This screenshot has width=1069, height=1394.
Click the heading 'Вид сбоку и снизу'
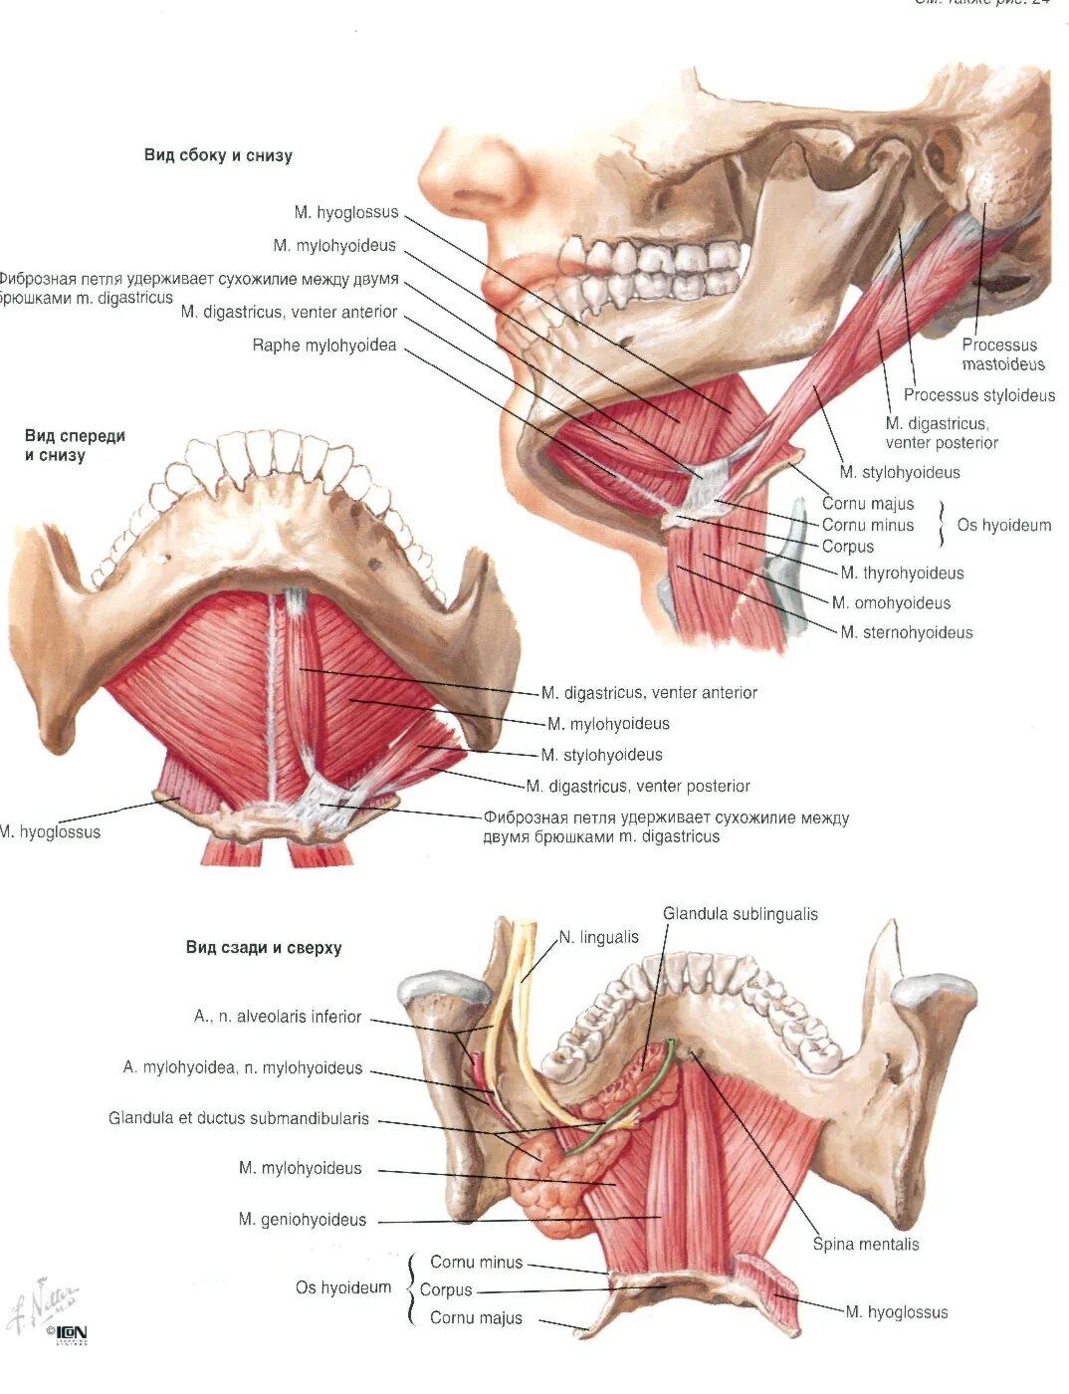pyautogui.click(x=218, y=155)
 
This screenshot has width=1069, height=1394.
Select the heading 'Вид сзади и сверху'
pyautogui.click(x=264, y=948)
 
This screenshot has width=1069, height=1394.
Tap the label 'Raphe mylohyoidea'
pyautogui.click(x=324, y=346)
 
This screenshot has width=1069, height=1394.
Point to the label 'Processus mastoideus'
pyautogui.click(x=1002, y=354)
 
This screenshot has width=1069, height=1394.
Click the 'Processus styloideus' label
pyautogui.click(x=978, y=395)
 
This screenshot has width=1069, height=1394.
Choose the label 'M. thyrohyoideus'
pyautogui.click(x=902, y=573)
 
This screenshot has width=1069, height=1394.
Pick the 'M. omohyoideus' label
pyautogui.click(x=891, y=602)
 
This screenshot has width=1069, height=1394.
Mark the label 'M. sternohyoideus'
pyautogui.click(x=906, y=632)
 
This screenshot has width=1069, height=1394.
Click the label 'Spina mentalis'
pyautogui.click(x=865, y=1244)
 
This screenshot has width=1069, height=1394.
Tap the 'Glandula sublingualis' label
pyautogui.click(x=741, y=914)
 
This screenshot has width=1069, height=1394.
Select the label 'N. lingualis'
pyautogui.click(x=598, y=937)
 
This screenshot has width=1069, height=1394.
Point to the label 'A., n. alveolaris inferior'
pyautogui.click(x=278, y=1017)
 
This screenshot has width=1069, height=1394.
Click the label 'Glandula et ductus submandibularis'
pyautogui.click(x=239, y=1118)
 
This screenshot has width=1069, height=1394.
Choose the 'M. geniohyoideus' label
pyautogui.click(x=303, y=1220)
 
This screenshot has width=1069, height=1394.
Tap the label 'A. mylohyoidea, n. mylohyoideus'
pyautogui.click(x=243, y=1067)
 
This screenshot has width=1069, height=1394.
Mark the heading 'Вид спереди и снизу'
pyautogui.click(x=75, y=445)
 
